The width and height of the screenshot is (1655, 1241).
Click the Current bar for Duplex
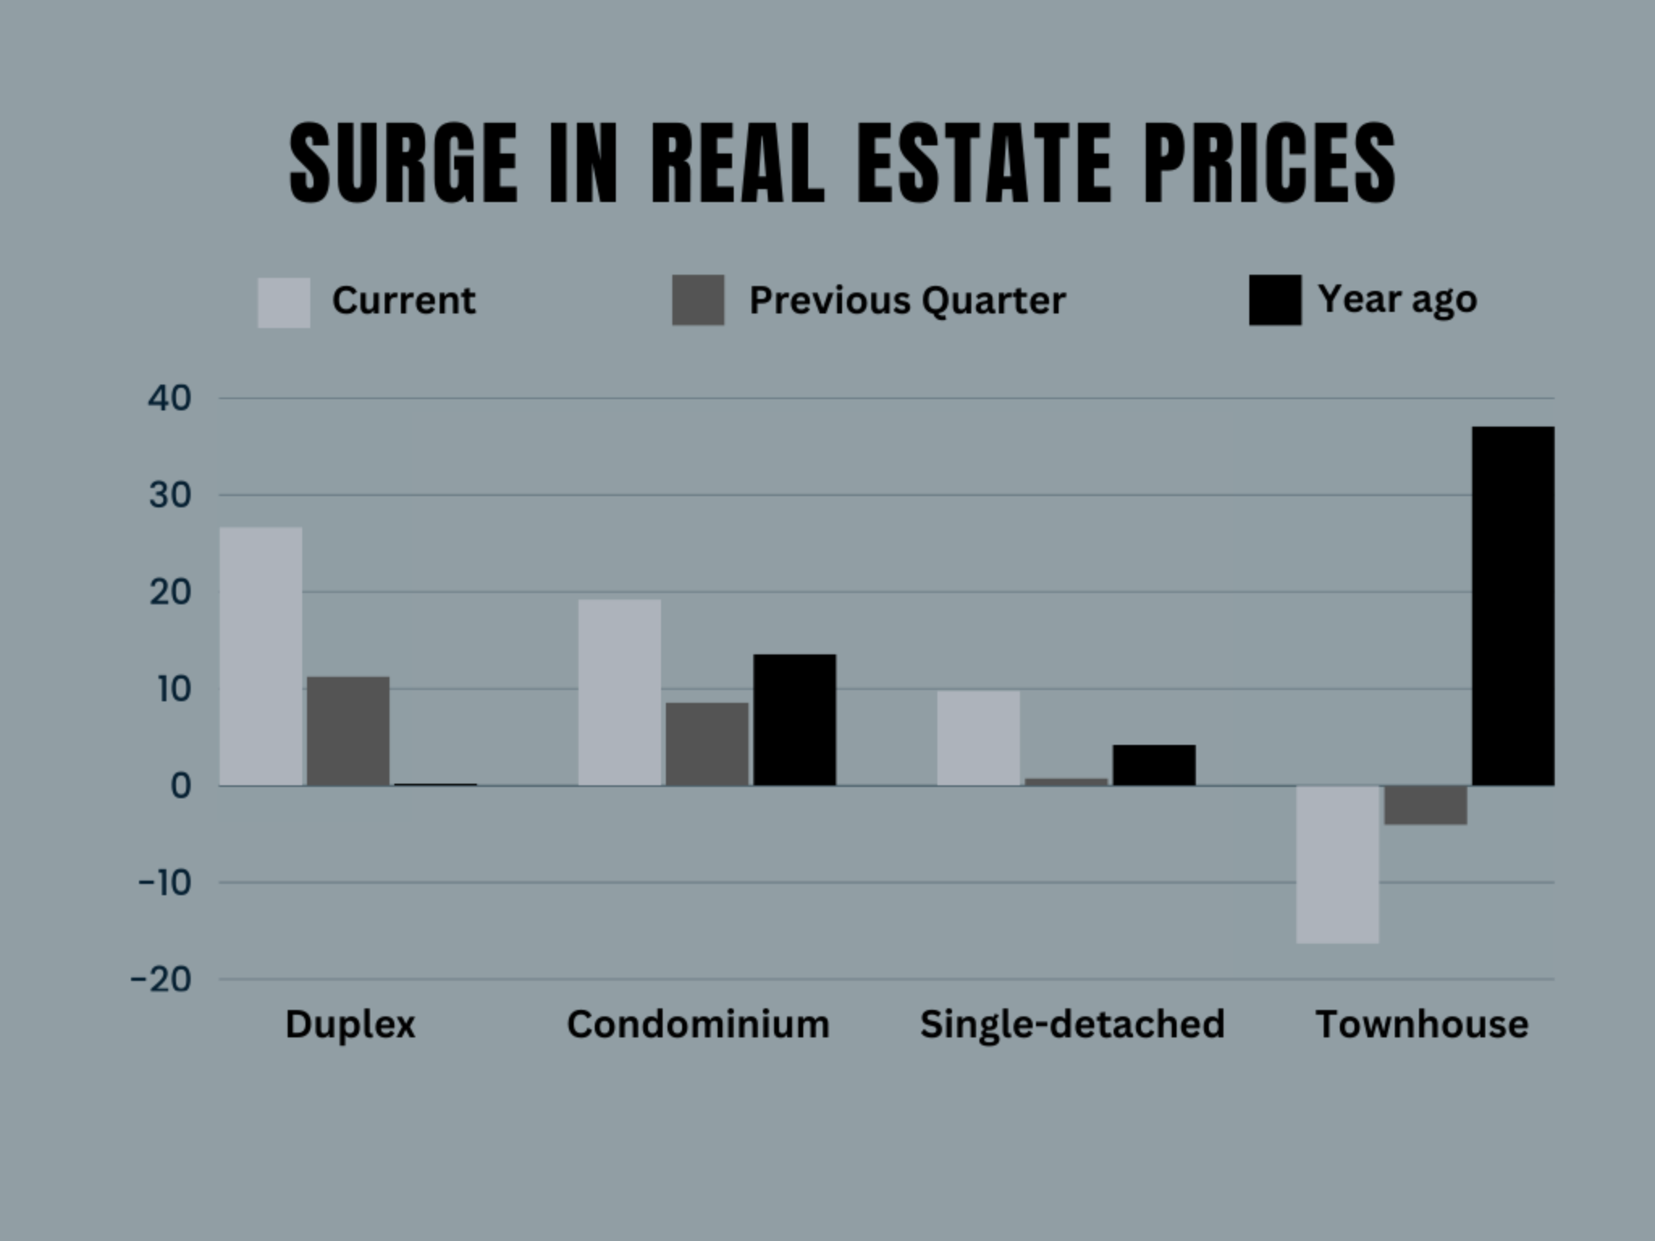pos(261,656)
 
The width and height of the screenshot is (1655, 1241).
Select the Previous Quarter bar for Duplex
pos(348,731)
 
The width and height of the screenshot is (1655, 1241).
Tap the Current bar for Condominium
pos(620,692)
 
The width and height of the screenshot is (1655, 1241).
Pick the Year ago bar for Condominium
pos(794,720)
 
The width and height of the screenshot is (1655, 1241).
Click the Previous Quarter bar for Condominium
pos(707,744)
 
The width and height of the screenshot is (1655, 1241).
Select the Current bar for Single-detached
pos(979,738)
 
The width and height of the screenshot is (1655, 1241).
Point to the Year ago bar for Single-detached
pos(1154,765)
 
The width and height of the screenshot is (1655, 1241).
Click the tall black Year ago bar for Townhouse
pos(1513,606)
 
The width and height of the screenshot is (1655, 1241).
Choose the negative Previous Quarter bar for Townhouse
pos(1425,806)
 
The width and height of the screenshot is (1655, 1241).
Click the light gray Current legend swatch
pos(284,303)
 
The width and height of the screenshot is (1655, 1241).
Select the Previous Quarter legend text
pos(907,301)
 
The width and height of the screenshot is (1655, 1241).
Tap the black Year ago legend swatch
pos(1275,301)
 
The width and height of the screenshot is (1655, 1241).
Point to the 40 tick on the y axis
pos(170,398)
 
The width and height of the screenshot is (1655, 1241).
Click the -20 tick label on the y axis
pos(162,980)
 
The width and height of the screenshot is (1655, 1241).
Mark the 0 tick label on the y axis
pos(180,786)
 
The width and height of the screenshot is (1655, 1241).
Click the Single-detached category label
pos(1072,1024)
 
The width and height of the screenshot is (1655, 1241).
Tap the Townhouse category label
pos(1422,1024)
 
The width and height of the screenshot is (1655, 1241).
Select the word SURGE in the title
pos(403,163)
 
